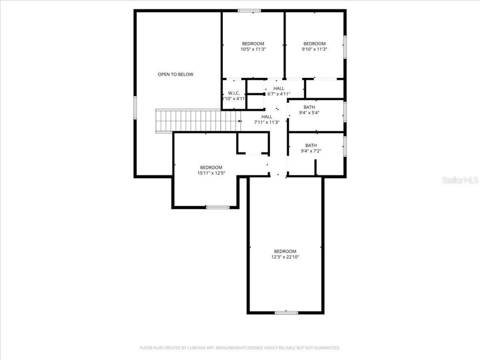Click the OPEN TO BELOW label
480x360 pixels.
click(x=175, y=74)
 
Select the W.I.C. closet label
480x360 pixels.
click(x=234, y=93)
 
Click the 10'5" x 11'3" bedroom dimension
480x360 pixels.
click(x=253, y=49)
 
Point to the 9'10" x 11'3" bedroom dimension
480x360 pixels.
click(x=314, y=49)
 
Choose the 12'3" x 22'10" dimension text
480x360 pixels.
click(x=285, y=257)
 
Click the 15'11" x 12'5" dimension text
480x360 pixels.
click(x=211, y=173)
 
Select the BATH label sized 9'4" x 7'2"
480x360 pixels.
click(x=311, y=145)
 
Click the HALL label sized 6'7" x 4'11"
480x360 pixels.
click(x=279, y=88)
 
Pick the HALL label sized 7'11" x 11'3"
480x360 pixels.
click(x=267, y=117)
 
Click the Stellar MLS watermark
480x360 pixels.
click(x=460, y=180)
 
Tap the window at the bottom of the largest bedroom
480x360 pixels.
click(x=286, y=312)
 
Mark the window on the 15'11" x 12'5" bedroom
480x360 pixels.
click(x=217, y=207)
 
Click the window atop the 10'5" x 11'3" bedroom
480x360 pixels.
click(x=249, y=11)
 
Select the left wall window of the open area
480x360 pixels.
click(x=135, y=108)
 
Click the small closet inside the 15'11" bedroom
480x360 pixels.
click(x=253, y=143)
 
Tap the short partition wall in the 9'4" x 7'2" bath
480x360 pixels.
click(x=316, y=167)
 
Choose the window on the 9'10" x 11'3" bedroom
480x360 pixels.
click(x=345, y=46)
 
